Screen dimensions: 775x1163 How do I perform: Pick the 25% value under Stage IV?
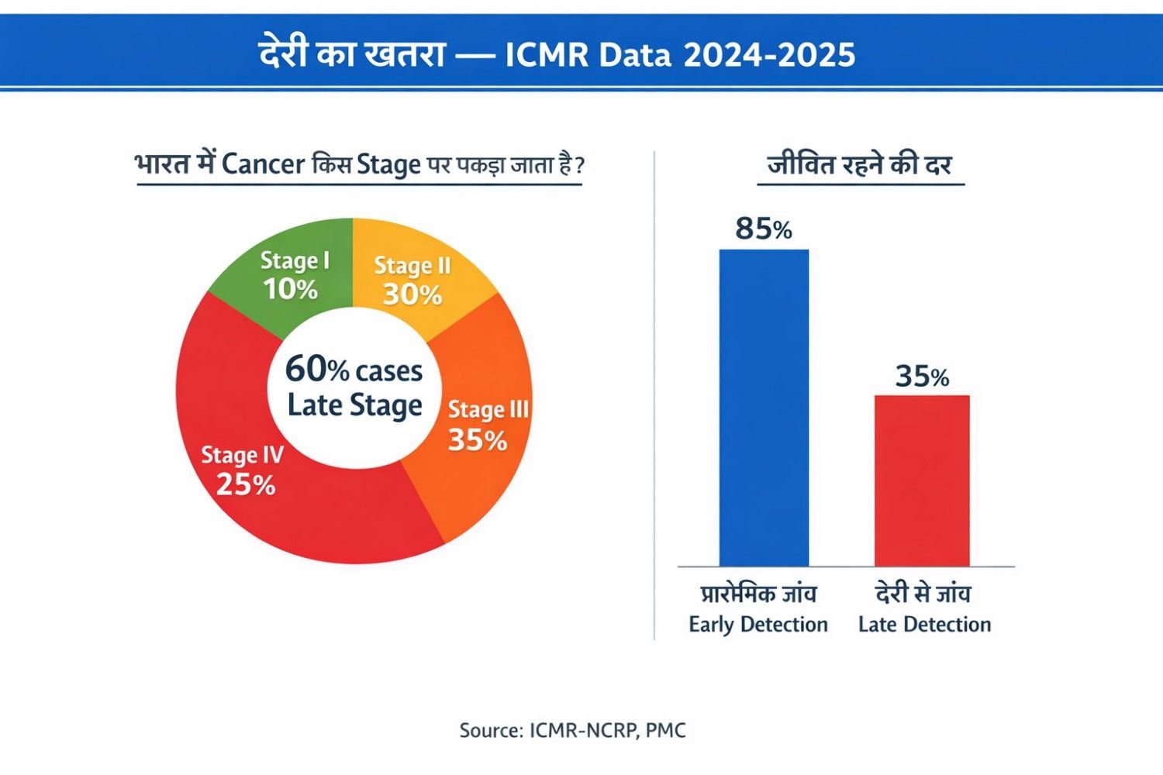pyautogui.click(x=245, y=485)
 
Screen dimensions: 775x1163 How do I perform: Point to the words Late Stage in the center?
pyautogui.click(x=354, y=405)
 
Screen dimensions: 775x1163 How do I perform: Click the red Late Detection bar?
pyautogui.click(x=922, y=480)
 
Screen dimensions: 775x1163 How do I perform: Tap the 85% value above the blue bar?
pyautogui.click(x=764, y=229)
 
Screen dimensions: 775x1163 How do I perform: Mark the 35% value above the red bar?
pyautogui.click(x=922, y=377)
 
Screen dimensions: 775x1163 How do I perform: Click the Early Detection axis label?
pyautogui.click(x=758, y=625)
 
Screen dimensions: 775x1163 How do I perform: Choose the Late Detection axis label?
pyautogui.click(x=924, y=625)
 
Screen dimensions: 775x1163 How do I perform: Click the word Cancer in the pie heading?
pyautogui.click(x=263, y=164)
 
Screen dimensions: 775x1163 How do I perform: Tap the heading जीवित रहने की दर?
pyautogui.click(x=859, y=164)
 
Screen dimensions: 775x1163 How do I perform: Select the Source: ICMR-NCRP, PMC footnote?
pyautogui.click(x=572, y=730)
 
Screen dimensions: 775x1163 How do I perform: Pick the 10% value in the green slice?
pyautogui.click(x=290, y=290)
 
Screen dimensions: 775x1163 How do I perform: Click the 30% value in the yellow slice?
pyautogui.click(x=412, y=294)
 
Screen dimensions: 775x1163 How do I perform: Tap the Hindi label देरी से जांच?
pyautogui.click(x=923, y=594)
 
